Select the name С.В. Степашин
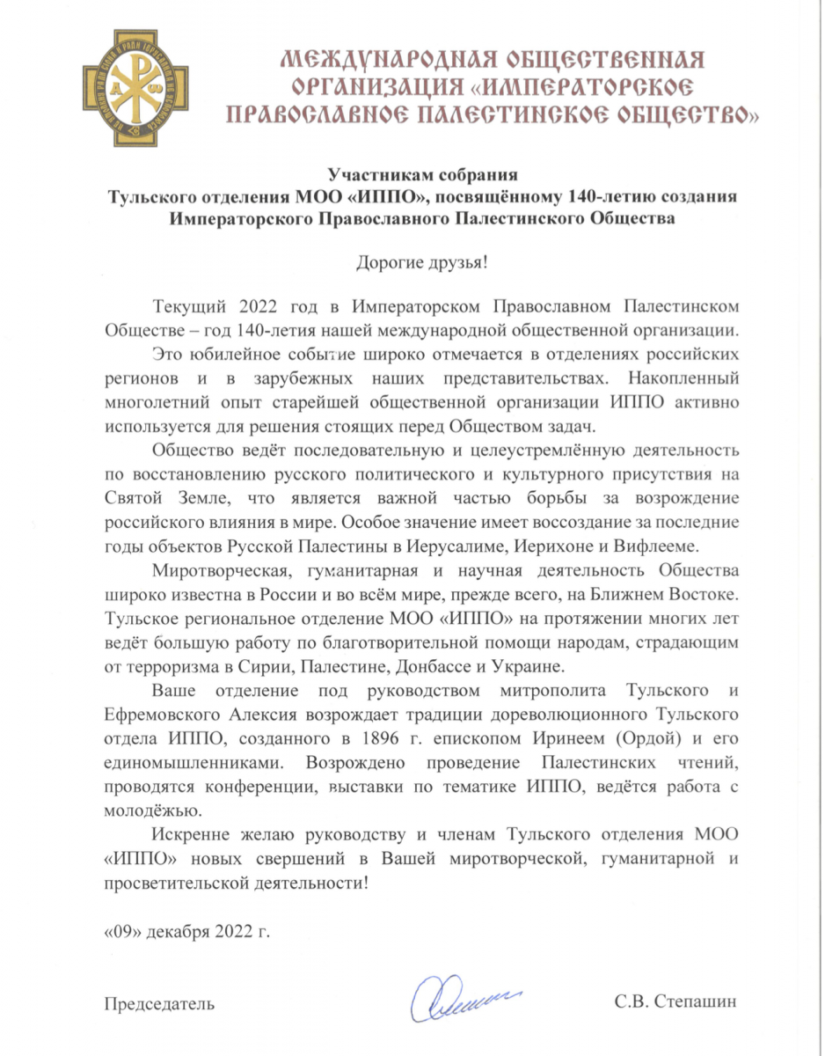point(674,1002)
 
